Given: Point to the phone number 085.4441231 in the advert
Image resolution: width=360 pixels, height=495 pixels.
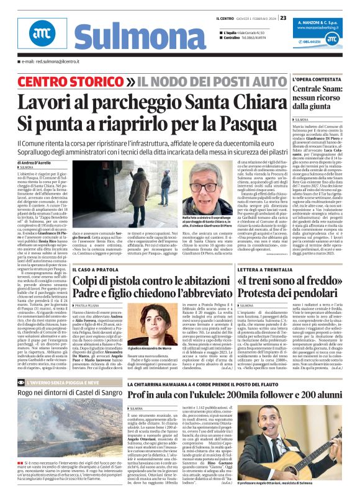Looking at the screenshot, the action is pos(312,42).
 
